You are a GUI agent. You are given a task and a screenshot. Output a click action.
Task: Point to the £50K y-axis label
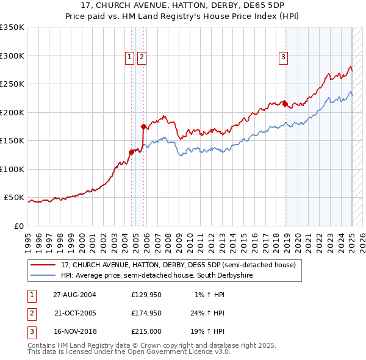pos(14,198)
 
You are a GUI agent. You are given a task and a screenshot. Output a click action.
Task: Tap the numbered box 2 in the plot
pos(142,58)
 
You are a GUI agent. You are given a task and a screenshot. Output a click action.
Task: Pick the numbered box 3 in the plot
pos(284,58)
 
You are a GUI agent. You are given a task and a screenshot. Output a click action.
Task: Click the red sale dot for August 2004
pos(131,152)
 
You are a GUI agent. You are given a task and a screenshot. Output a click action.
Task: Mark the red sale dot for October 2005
pos(144,127)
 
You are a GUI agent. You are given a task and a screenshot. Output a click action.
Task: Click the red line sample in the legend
pos(43,265)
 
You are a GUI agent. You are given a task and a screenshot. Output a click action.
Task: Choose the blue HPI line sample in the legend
pos(43,275)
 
